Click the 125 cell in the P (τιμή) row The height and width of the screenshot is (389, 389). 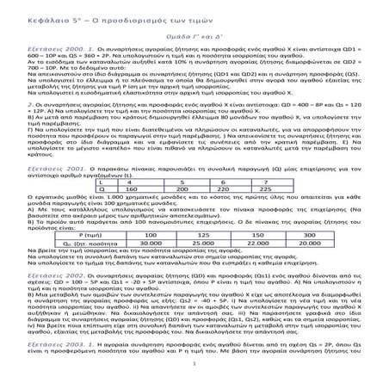click(x=197, y=257)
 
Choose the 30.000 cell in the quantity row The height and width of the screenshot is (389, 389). click(x=152, y=265)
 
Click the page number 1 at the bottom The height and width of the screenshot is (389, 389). click(x=194, y=375)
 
